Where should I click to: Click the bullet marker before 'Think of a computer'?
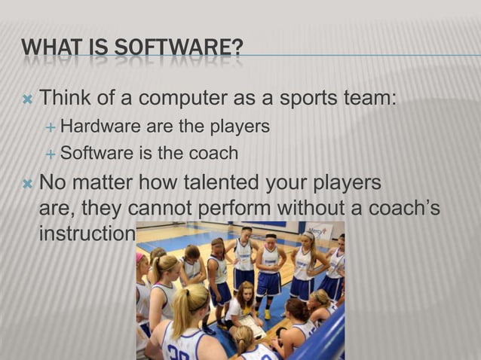27,99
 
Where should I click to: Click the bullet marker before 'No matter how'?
27,184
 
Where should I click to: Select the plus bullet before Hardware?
51,127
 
